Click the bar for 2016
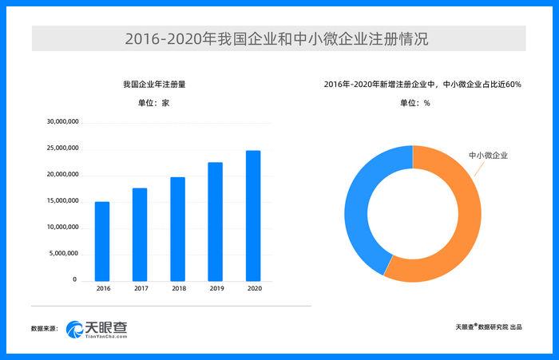point(102,240)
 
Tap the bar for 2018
point(177,228)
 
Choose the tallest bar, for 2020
point(252,215)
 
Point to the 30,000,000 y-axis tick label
point(61,122)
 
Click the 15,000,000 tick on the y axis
point(61,200)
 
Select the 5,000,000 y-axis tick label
point(63,253)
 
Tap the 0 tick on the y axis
point(74,279)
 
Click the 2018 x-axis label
point(177,288)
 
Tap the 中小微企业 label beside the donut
point(487,155)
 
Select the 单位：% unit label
point(415,102)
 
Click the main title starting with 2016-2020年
point(279,38)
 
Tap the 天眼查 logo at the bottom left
point(97,328)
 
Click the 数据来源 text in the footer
point(45,328)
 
